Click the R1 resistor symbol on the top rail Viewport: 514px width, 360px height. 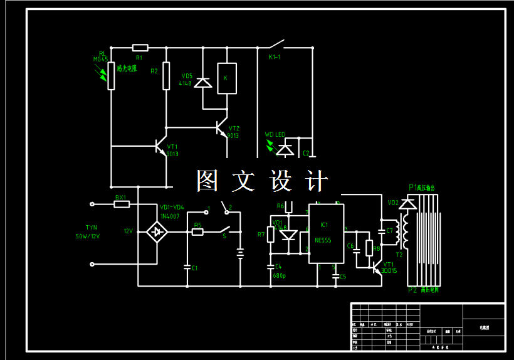pyautogui.click(x=140, y=48)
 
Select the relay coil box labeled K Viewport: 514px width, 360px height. pyautogui.click(x=226, y=78)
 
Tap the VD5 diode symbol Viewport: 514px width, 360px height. pyautogui.click(x=202, y=82)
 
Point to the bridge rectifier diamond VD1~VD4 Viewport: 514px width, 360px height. pyautogui.click(x=157, y=232)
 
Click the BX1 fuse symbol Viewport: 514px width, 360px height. pyautogui.click(x=122, y=204)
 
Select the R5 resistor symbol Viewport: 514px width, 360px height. pyautogui.click(x=197, y=232)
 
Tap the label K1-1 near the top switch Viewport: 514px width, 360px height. pyautogui.click(x=275, y=57)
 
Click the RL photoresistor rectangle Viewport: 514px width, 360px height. pyautogui.click(x=111, y=76)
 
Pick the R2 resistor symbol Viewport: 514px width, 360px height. pyautogui.click(x=166, y=76)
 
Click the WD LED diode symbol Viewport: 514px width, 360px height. pyautogui.click(x=286, y=149)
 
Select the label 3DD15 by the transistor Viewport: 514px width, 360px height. pyautogui.click(x=389, y=271)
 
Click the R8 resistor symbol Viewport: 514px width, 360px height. pyautogui.click(x=369, y=248)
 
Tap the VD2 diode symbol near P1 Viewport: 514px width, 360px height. pyautogui.click(x=409, y=204)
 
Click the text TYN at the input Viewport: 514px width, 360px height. pyautogui.click(x=91, y=228)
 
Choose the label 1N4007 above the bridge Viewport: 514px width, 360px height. pyautogui.click(x=169, y=216)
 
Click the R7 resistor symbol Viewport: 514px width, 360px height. pyautogui.click(x=271, y=235)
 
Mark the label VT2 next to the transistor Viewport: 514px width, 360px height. pyautogui.click(x=234, y=128)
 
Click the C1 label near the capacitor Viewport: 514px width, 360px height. pyautogui.click(x=194, y=268)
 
